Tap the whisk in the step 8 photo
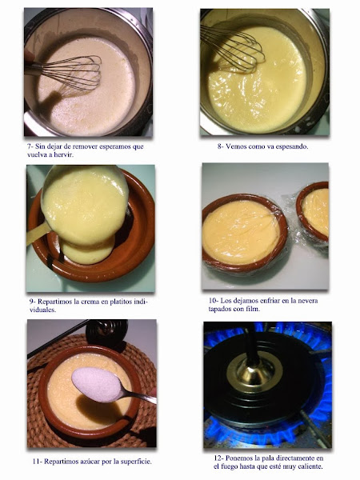pyautogui.click(x=233, y=49)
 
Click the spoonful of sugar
pyautogui.click(x=98, y=384)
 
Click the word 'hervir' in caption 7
pyautogui.click(x=63, y=154)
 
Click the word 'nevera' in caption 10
pyautogui.click(x=307, y=301)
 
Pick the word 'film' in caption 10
pyautogui.click(x=253, y=309)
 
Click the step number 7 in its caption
pyautogui.click(x=30, y=146)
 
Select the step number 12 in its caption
pyautogui.click(x=218, y=458)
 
